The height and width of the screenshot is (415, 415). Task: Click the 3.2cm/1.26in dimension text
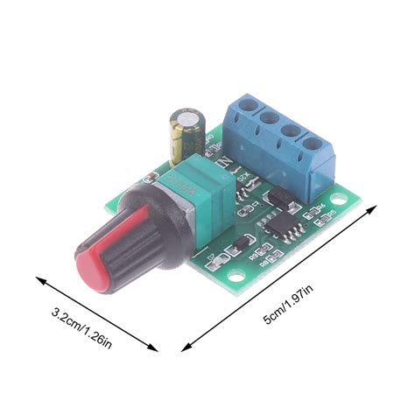(x=81, y=326)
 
